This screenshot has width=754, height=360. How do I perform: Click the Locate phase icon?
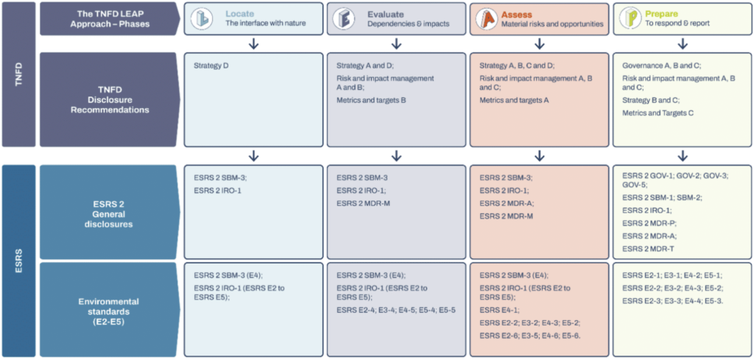(x=200, y=18)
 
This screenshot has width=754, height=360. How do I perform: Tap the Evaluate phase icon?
(x=342, y=18)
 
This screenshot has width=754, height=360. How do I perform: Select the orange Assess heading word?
(x=519, y=13)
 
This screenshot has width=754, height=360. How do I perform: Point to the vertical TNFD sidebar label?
(x=18, y=74)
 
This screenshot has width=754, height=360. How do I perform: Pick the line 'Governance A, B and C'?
(x=661, y=65)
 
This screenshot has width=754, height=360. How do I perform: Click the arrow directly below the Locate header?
(x=253, y=43)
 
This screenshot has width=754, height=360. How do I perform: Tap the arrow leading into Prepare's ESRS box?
(x=683, y=155)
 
